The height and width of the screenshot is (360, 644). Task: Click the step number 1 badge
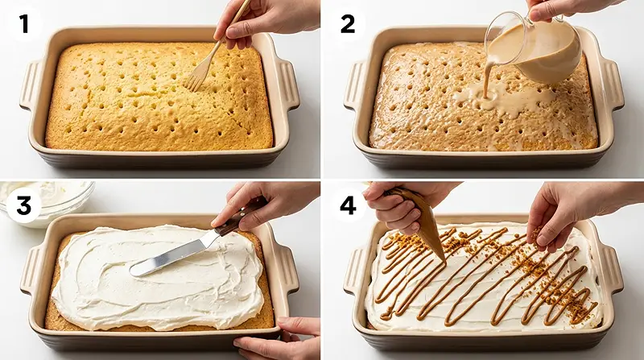coord(24,24)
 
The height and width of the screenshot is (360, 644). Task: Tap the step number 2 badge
coord(348,24)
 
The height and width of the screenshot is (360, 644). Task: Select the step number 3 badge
coord(24,206)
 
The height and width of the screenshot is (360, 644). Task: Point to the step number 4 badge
coord(348,206)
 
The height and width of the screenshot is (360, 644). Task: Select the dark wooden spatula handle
coord(242,218)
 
